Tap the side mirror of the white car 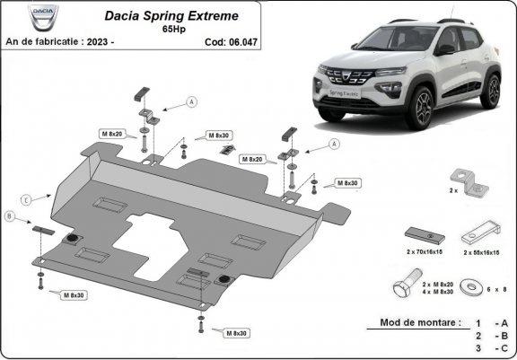(443, 49)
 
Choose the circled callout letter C (27, 198)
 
